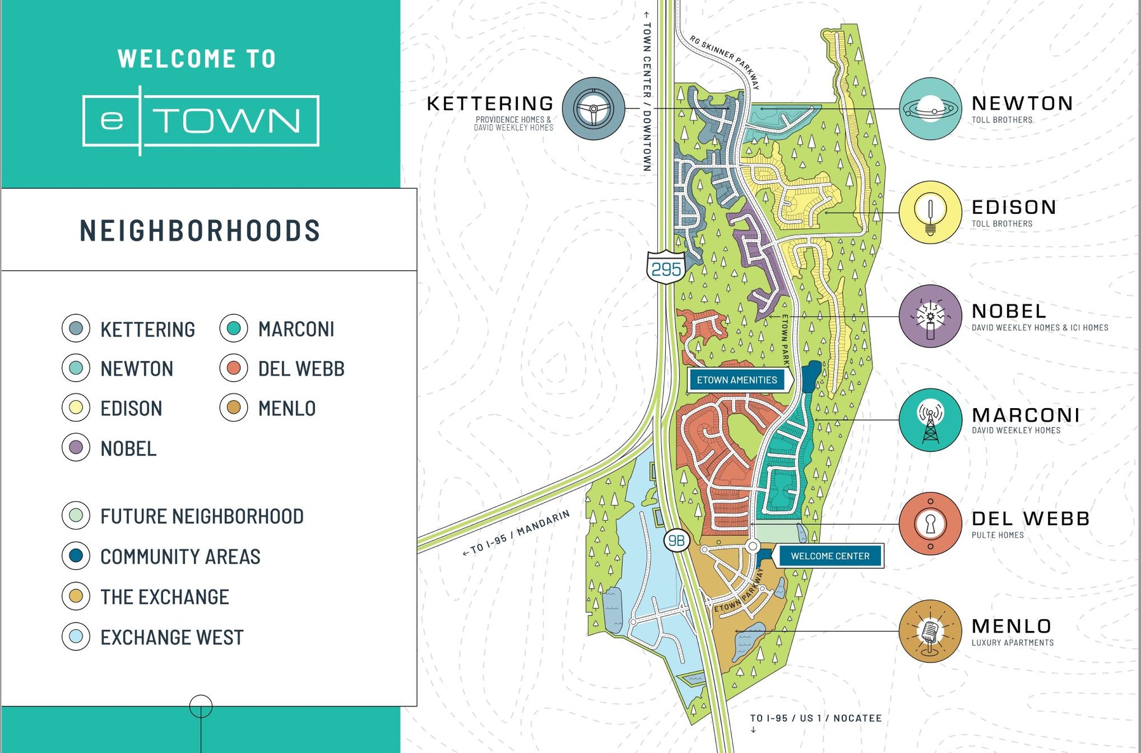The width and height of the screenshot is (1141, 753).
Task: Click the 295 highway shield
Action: pyautogui.click(x=666, y=267)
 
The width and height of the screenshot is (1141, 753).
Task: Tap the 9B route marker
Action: pyautogui.click(x=676, y=540)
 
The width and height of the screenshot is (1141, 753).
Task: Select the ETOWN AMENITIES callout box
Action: pyautogui.click(x=737, y=380)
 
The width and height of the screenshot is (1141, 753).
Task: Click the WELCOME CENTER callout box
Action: pyautogui.click(x=830, y=556)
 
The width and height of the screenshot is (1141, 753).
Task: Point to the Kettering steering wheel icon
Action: pyautogui.click(x=593, y=108)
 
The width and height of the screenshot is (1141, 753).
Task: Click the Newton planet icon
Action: pyautogui.click(x=930, y=108)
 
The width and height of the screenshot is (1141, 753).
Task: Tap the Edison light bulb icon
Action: pyautogui.click(x=930, y=213)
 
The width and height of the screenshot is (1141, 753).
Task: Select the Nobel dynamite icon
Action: pyautogui.click(x=930, y=316)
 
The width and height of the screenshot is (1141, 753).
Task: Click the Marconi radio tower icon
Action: pyautogui.click(x=930, y=420)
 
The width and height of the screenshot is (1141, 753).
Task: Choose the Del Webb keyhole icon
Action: pyautogui.click(x=930, y=523)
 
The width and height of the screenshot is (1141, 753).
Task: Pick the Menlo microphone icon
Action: pyautogui.click(x=930, y=631)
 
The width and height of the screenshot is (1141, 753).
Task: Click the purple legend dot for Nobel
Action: pyautogui.click(x=76, y=447)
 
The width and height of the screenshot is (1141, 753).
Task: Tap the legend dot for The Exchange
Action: pyautogui.click(x=76, y=596)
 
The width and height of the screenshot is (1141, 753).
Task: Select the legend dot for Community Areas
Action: pyautogui.click(x=76, y=556)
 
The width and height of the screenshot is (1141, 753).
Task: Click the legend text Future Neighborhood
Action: pyautogui.click(x=202, y=516)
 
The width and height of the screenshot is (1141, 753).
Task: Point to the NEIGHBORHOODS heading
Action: pyautogui.click(x=200, y=231)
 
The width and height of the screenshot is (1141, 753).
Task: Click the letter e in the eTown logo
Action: pyautogui.click(x=112, y=120)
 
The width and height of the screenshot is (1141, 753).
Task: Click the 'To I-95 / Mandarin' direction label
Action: pyautogui.click(x=516, y=533)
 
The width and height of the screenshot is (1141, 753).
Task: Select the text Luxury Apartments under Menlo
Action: pyautogui.click(x=1013, y=643)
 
